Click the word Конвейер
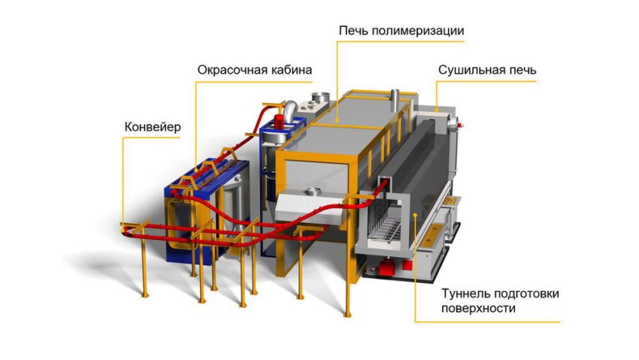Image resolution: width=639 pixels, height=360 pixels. coord(153,127)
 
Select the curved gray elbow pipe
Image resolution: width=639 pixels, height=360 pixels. coord(291,110)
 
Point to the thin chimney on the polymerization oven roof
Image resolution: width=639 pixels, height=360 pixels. coord(395,100)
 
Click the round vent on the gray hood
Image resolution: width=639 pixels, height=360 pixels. coord(313,192)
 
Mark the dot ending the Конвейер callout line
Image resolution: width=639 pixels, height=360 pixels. coord(123,231)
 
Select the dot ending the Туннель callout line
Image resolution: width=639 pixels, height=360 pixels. coord(415,215)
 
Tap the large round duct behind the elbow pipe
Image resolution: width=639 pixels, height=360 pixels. coord(321,98)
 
